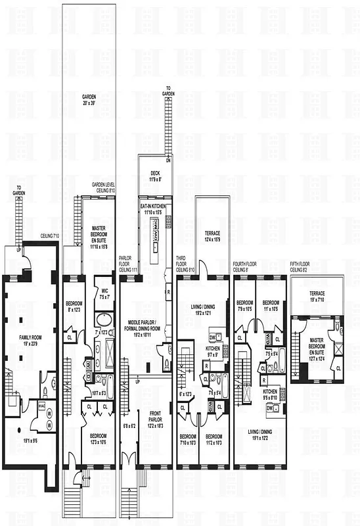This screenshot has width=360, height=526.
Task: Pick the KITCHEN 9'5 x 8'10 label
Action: (x=271, y=394)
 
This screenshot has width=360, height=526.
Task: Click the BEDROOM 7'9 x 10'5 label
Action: (x=244, y=305)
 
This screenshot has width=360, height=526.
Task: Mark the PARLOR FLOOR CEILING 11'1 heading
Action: (x=127, y=264)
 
